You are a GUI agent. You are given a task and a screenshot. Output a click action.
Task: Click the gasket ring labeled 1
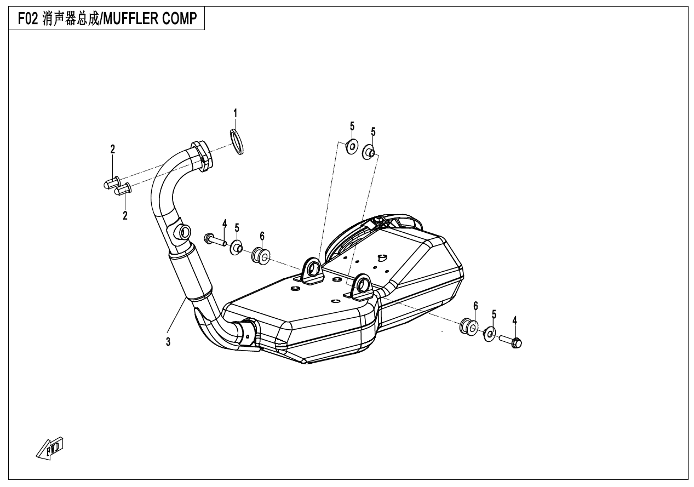pyautogui.click(x=237, y=141)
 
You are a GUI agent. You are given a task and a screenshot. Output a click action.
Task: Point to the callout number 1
pyautogui.click(x=236, y=113)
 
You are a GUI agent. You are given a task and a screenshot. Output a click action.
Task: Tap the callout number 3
pyautogui.click(x=168, y=342)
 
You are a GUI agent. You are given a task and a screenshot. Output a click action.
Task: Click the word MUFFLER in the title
pyautogui.click(x=134, y=20)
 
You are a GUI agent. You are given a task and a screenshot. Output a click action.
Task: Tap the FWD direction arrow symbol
pyautogui.click(x=50, y=448)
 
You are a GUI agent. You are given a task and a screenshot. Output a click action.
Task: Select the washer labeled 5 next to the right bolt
pyautogui.click(x=490, y=334)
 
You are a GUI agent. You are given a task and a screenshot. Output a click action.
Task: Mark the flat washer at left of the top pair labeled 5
pyautogui.click(x=351, y=147)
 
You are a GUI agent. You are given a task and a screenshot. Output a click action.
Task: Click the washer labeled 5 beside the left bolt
pyautogui.click(x=237, y=247)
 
